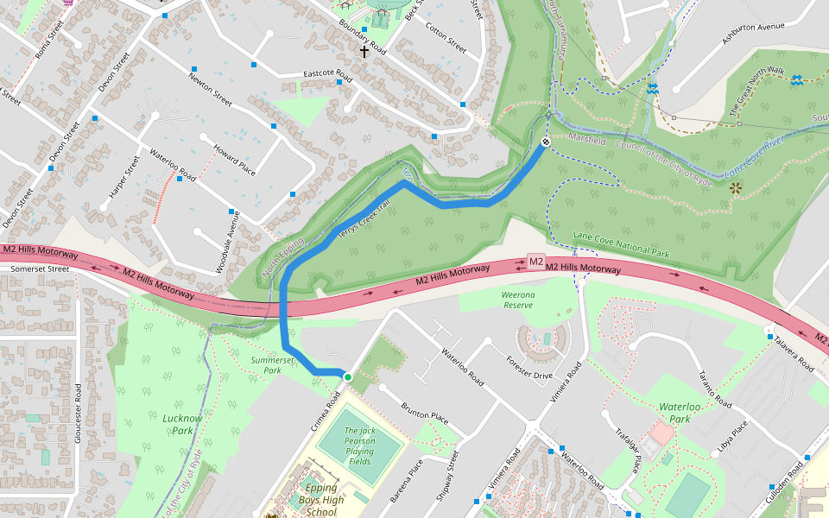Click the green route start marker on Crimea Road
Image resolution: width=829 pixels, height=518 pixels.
pyautogui.click(x=347, y=377)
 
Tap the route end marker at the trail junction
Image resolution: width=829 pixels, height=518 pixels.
pyautogui.click(x=546, y=142)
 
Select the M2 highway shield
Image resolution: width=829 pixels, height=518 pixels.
pyautogui.click(x=535, y=262)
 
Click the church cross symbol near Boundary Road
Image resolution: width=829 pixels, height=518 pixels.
pyautogui.click(x=364, y=52)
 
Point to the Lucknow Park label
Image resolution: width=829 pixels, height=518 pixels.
pyautogui.click(x=182, y=424)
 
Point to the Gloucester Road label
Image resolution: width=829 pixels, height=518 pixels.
pyautogui.click(x=79, y=413)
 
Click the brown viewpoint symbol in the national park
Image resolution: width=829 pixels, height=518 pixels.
pyautogui.click(x=735, y=187)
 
